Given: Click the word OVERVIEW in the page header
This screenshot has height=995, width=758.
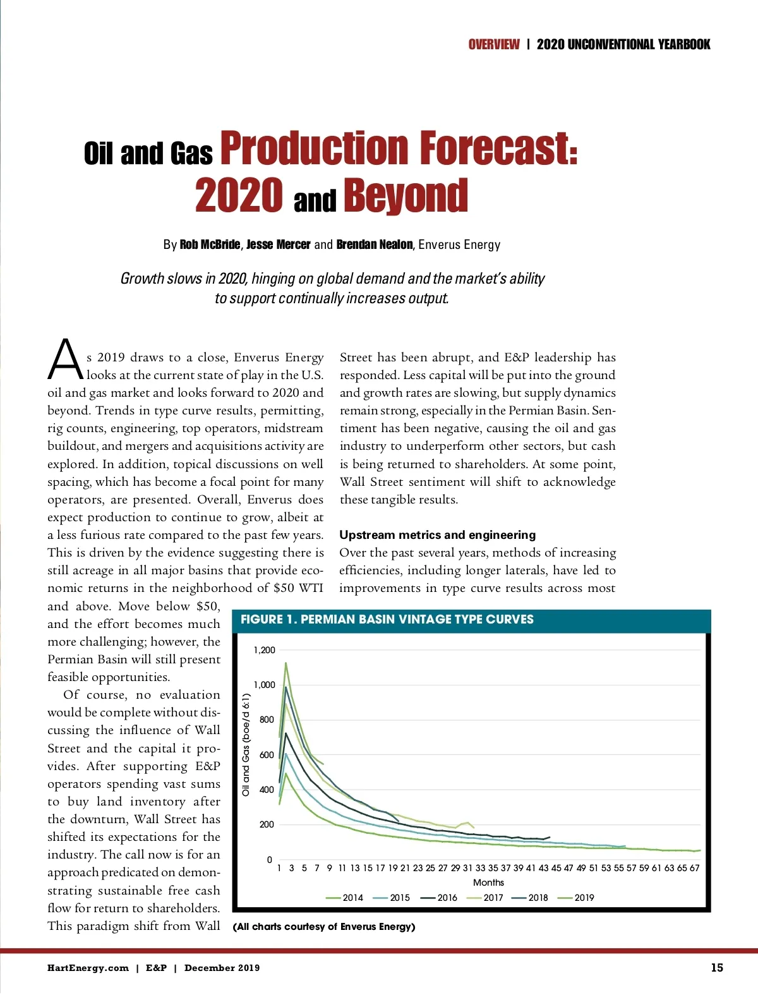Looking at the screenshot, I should [x=494, y=44].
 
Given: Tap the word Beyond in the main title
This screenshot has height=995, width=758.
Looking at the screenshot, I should [x=406, y=196].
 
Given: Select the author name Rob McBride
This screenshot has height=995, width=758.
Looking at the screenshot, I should [x=209, y=244].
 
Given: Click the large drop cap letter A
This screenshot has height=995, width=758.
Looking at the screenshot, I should [x=65, y=360].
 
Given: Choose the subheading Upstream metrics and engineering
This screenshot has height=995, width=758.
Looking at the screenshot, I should [x=437, y=535].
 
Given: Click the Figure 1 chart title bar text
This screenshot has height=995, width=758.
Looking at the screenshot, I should [x=387, y=620].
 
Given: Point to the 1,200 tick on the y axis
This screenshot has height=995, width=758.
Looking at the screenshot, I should [x=265, y=650].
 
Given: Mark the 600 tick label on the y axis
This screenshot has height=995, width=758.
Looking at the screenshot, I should [x=267, y=755].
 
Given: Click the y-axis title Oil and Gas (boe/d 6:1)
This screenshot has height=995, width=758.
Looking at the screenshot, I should [x=246, y=744].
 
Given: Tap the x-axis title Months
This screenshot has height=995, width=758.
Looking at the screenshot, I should [x=488, y=883].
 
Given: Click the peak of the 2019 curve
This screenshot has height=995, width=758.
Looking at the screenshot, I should [x=286, y=663].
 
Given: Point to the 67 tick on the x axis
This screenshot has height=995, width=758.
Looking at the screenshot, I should [x=694, y=868].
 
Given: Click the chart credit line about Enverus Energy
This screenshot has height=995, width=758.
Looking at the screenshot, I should [x=324, y=927].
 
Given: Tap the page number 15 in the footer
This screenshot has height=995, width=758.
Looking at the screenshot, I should [x=717, y=968].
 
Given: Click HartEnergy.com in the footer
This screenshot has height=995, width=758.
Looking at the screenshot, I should [x=88, y=968].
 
